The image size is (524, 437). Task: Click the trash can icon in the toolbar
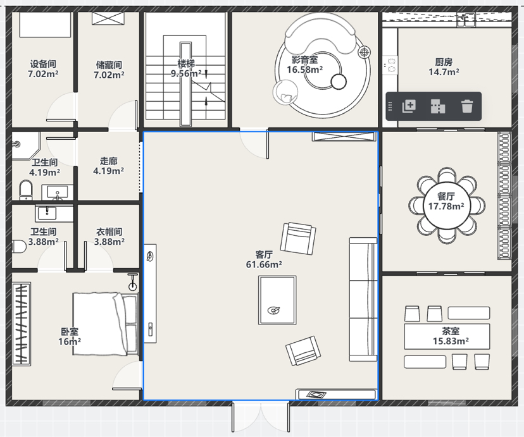tap(467, 106)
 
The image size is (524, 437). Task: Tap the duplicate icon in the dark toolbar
tap(409, 106)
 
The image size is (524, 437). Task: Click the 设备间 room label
tap(43, 64)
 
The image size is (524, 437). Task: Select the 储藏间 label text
tap(109, 65)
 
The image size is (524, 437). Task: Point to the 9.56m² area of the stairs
tap(186, 73)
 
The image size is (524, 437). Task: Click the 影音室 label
tap(304, 59)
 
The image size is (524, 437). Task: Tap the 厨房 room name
tap(444, 62)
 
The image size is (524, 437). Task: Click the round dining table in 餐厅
tap(446, 205)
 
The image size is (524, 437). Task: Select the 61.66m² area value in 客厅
tap(264, 264)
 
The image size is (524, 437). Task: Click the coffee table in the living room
tap(277, 300)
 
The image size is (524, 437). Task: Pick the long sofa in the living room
tap(363, 300)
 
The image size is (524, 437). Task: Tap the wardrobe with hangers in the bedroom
tap(22, 324)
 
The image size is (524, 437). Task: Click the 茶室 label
tap(451, 331)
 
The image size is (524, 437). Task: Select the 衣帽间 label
tap(109, 231)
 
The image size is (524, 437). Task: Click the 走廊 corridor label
tap(109, 161)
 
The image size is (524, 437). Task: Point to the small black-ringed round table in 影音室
tap(339, 82)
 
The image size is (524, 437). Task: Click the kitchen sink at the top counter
tap(466, 20)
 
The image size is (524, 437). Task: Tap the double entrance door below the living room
tap(261, 418)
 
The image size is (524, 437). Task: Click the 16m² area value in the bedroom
tap(70, 342)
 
